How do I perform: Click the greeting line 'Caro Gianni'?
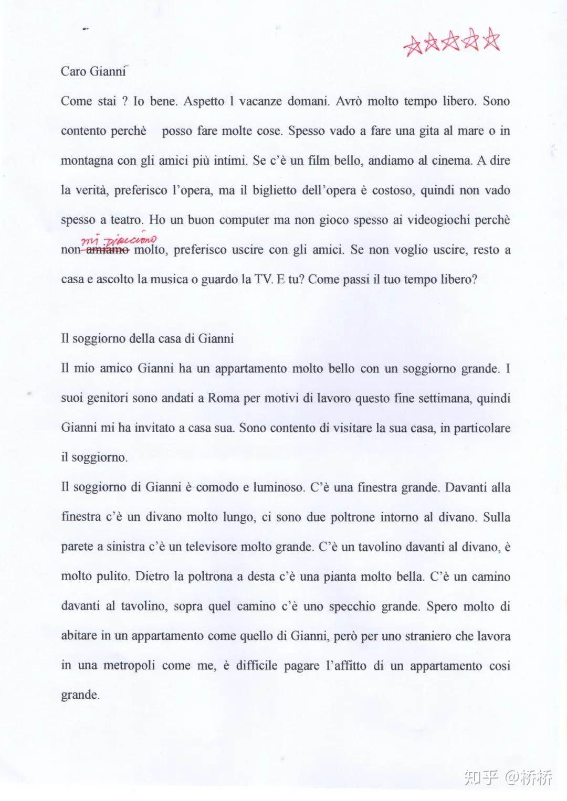click(x=93, y=71)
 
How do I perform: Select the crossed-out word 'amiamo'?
click(x=108, y=250)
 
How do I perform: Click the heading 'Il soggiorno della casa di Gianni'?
click(x=148, y=339)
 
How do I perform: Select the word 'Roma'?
click(x=224, y=398)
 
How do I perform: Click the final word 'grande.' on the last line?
click(x=80, y=696)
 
